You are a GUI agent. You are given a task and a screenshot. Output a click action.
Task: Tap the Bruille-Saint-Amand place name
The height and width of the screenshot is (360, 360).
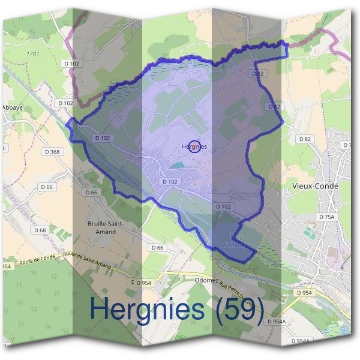pos(105,227)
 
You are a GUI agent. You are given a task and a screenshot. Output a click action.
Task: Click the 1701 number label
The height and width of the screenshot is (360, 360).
pos(34,55)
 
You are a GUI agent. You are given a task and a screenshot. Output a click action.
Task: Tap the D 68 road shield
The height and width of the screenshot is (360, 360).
pos(40,230)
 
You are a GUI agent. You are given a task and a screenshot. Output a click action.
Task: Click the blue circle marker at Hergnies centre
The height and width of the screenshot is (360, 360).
pos(194,146)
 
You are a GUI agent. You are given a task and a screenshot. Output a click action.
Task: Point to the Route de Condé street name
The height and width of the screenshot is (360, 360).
pos(35,260)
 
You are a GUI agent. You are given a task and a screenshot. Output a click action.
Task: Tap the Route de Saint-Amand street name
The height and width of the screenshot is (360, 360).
pos(89,259)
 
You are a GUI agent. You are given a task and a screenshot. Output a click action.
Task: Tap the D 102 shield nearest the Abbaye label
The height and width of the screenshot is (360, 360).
pos(65,103)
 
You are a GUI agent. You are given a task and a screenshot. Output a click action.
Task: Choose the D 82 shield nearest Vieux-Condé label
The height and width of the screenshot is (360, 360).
pos(305,139)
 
